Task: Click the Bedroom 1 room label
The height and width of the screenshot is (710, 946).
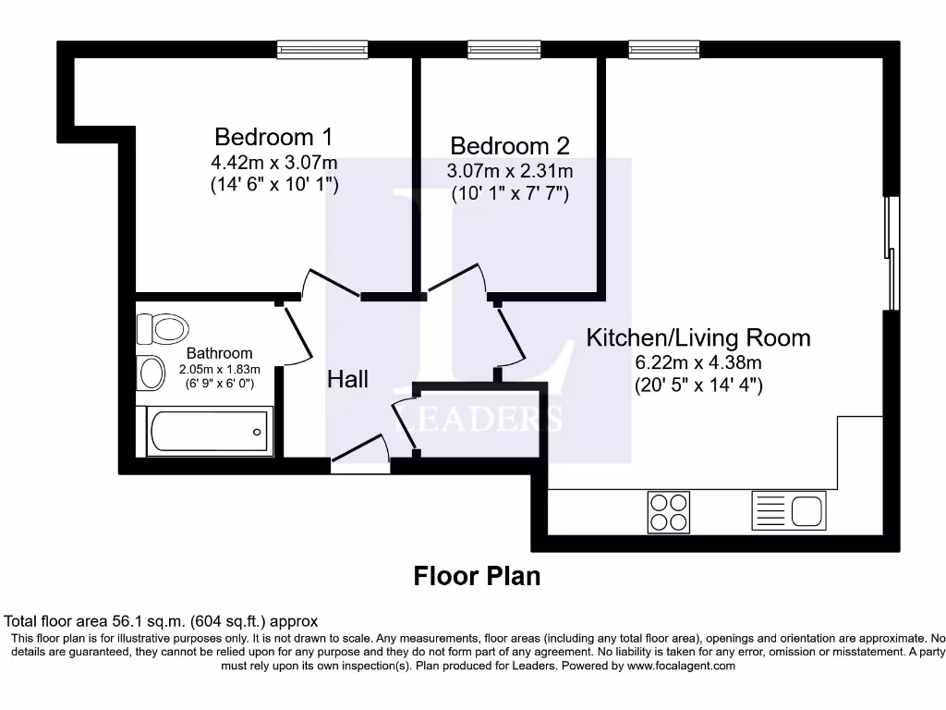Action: [x=273, y=137]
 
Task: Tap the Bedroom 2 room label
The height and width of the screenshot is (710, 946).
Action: [x=510, y=146]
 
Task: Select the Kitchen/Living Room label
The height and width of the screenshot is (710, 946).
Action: [x=698, y=338]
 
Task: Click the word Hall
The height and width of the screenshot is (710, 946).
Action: [x=347, y=379]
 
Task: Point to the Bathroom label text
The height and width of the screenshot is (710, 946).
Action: [x=219, y=353]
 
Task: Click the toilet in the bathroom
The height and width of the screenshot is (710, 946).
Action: [x=163, y=329]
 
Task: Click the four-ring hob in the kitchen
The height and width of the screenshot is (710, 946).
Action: [x=669, y=512]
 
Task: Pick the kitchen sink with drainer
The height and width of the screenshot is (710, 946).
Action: [x=789, y=510]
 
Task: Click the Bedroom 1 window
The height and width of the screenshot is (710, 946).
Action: [x=322, y=50]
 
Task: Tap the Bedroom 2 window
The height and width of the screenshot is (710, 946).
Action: [x=503, y=50]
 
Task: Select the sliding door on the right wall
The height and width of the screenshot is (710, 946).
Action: [x=891, y=253]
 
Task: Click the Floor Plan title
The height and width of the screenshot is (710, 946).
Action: [x=477, y=576]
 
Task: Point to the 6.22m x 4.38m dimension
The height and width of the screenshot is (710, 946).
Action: [x=698, y=362]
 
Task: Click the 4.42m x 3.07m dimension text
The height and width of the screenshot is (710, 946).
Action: [x=273, y=163]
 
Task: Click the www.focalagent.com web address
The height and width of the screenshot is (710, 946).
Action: [x=681, y=666]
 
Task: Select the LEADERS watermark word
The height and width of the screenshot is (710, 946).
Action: [x=478, y=419]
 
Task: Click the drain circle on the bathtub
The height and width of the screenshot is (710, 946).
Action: [x=257, y=432]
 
